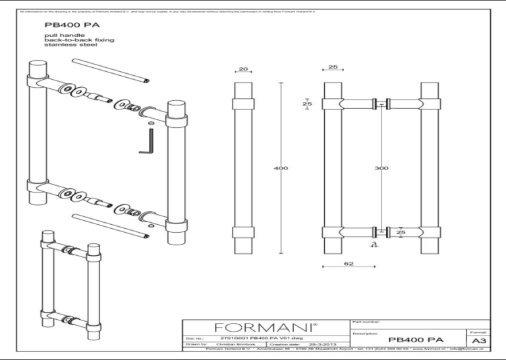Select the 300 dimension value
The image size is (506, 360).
pyautogui.click(x=381, y=168)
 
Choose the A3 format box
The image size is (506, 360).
pyautogui.click(x=477, y=341)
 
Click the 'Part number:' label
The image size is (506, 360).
pyautogui.click(x=368, y=322)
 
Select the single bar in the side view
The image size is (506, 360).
pyautogui.click(x=243, y=169)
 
